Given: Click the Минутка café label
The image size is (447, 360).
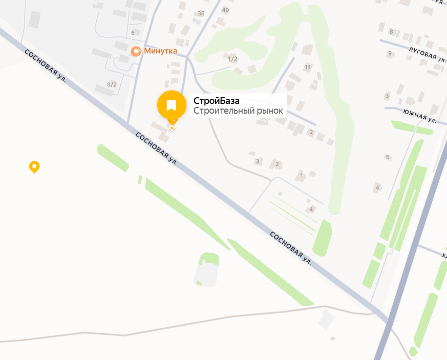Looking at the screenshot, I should (x=160, y=51).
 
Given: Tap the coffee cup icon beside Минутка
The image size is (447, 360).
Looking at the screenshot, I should (x=136, y=51).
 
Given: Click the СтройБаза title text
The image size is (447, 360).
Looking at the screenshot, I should (x=216, y=101).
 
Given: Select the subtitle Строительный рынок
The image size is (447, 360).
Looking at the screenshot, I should (x=238, y=111).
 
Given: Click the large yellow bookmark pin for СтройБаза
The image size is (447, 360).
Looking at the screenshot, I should (x=172, y=105).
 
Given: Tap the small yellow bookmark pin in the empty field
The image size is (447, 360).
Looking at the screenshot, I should (x=34, y=166).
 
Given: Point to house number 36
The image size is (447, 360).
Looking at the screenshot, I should (x=201, y=13).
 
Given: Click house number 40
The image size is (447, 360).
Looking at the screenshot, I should (x=225, y=10).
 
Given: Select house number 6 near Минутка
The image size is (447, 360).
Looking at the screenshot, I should (x=133, y=33).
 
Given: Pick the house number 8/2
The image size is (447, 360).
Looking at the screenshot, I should (x=112, y=84).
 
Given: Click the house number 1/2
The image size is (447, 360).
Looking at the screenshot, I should (x=232, y=59).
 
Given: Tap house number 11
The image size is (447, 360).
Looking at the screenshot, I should (x=308, y=67).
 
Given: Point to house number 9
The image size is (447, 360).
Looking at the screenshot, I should (x=390, y=53).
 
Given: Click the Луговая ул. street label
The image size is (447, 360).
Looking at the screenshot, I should (x=426, y=54).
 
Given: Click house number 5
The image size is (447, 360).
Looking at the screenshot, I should (x=388, y=157).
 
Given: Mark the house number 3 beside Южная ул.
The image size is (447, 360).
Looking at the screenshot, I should (x=387, y=96).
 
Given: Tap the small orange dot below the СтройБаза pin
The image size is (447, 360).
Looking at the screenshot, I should (x=172, y=128).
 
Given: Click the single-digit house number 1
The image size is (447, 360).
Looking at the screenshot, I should (x=302, y=176).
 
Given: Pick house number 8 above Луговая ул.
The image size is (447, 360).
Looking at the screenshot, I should (x=391, y=32).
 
